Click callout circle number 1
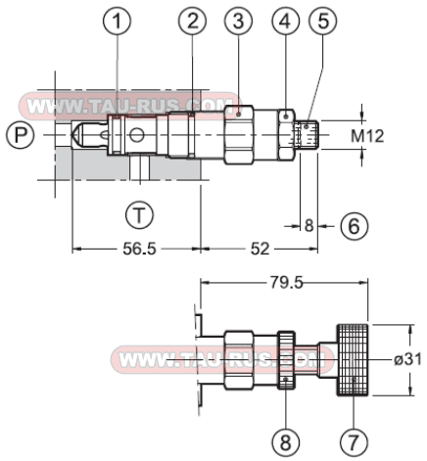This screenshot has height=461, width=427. (118, 21)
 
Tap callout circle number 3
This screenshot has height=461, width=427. (238, 21)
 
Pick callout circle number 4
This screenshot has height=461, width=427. (285, 21)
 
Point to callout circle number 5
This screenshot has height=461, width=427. (321, 21)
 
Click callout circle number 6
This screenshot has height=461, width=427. (356, 225)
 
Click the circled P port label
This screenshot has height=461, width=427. (17, 133)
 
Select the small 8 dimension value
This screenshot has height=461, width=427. (308, 225)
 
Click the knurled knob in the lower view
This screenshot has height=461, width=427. (354, 359)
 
